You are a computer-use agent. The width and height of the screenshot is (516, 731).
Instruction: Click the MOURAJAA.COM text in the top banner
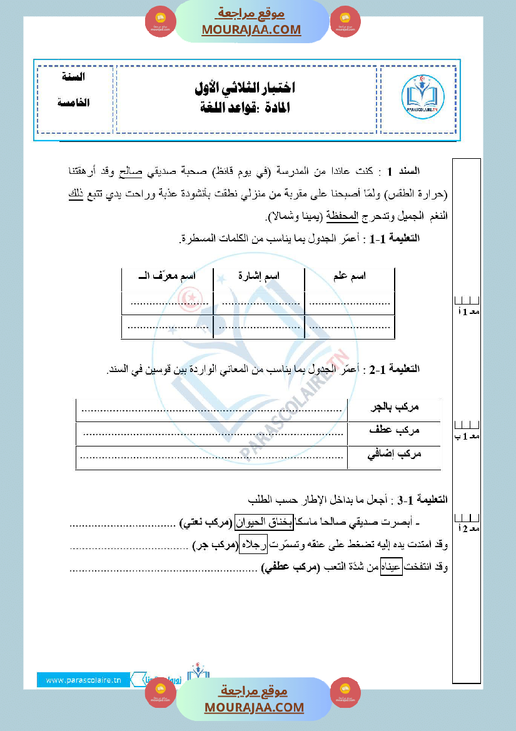pos(251,29)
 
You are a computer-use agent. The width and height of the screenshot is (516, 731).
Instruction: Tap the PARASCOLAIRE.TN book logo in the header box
pos(422,97)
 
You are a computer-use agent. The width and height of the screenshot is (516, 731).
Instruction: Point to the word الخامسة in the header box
pos(74,102)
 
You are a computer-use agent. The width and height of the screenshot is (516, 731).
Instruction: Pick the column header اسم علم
pos(349,276)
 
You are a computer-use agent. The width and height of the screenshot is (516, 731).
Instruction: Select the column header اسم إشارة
pos(259,276)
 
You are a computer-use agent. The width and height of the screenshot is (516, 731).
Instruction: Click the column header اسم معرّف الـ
pos(166,276)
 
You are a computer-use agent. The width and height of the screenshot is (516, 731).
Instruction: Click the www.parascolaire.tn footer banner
pos(83,680)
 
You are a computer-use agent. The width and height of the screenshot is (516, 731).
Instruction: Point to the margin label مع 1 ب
pos(467,436)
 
